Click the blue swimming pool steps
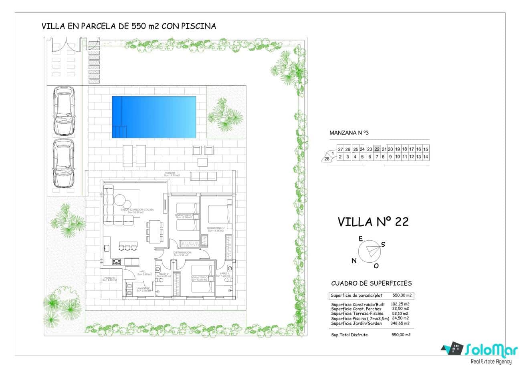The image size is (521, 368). tap(120, 131)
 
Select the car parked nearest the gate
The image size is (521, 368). tap(64, 111)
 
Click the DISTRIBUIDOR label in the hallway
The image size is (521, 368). tap(182, 253)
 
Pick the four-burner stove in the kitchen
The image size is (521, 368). tap(117, 262)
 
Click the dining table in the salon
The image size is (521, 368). tap(155, 231)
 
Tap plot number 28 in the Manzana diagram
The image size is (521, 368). tap(327, 159)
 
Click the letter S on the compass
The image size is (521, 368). tap(383, 245)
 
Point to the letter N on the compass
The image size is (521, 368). tap(354, 261)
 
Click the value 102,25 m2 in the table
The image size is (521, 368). tap(400, 304)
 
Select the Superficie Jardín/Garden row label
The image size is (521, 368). tap(356, 323)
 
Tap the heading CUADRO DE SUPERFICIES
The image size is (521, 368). tap(371, 284)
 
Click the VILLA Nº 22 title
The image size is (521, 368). tap(373, 222)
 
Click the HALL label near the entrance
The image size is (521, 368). tap(142, 272)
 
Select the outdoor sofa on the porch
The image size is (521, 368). tap(203, 176)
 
